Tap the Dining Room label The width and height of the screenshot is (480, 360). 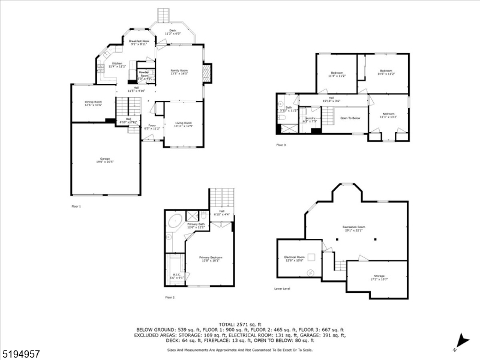tap(93, 103)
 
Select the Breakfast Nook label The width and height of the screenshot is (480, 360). tap(139, 42)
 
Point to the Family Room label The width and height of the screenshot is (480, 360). tap(179, 71)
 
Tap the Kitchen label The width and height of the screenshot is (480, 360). tap(116, 64)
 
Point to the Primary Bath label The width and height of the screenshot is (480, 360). tap(196, 226)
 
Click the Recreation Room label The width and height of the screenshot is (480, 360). tap(354, 228)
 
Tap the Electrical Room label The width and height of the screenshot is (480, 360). tap(294, 258)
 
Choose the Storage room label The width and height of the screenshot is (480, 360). tap(380, 278)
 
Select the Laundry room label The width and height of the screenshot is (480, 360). tap(310, 119)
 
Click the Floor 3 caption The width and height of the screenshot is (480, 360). tap(282, 145)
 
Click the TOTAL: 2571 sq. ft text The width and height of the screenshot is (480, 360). tap(239, 324)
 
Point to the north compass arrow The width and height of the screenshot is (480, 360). tap(461, 339)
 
